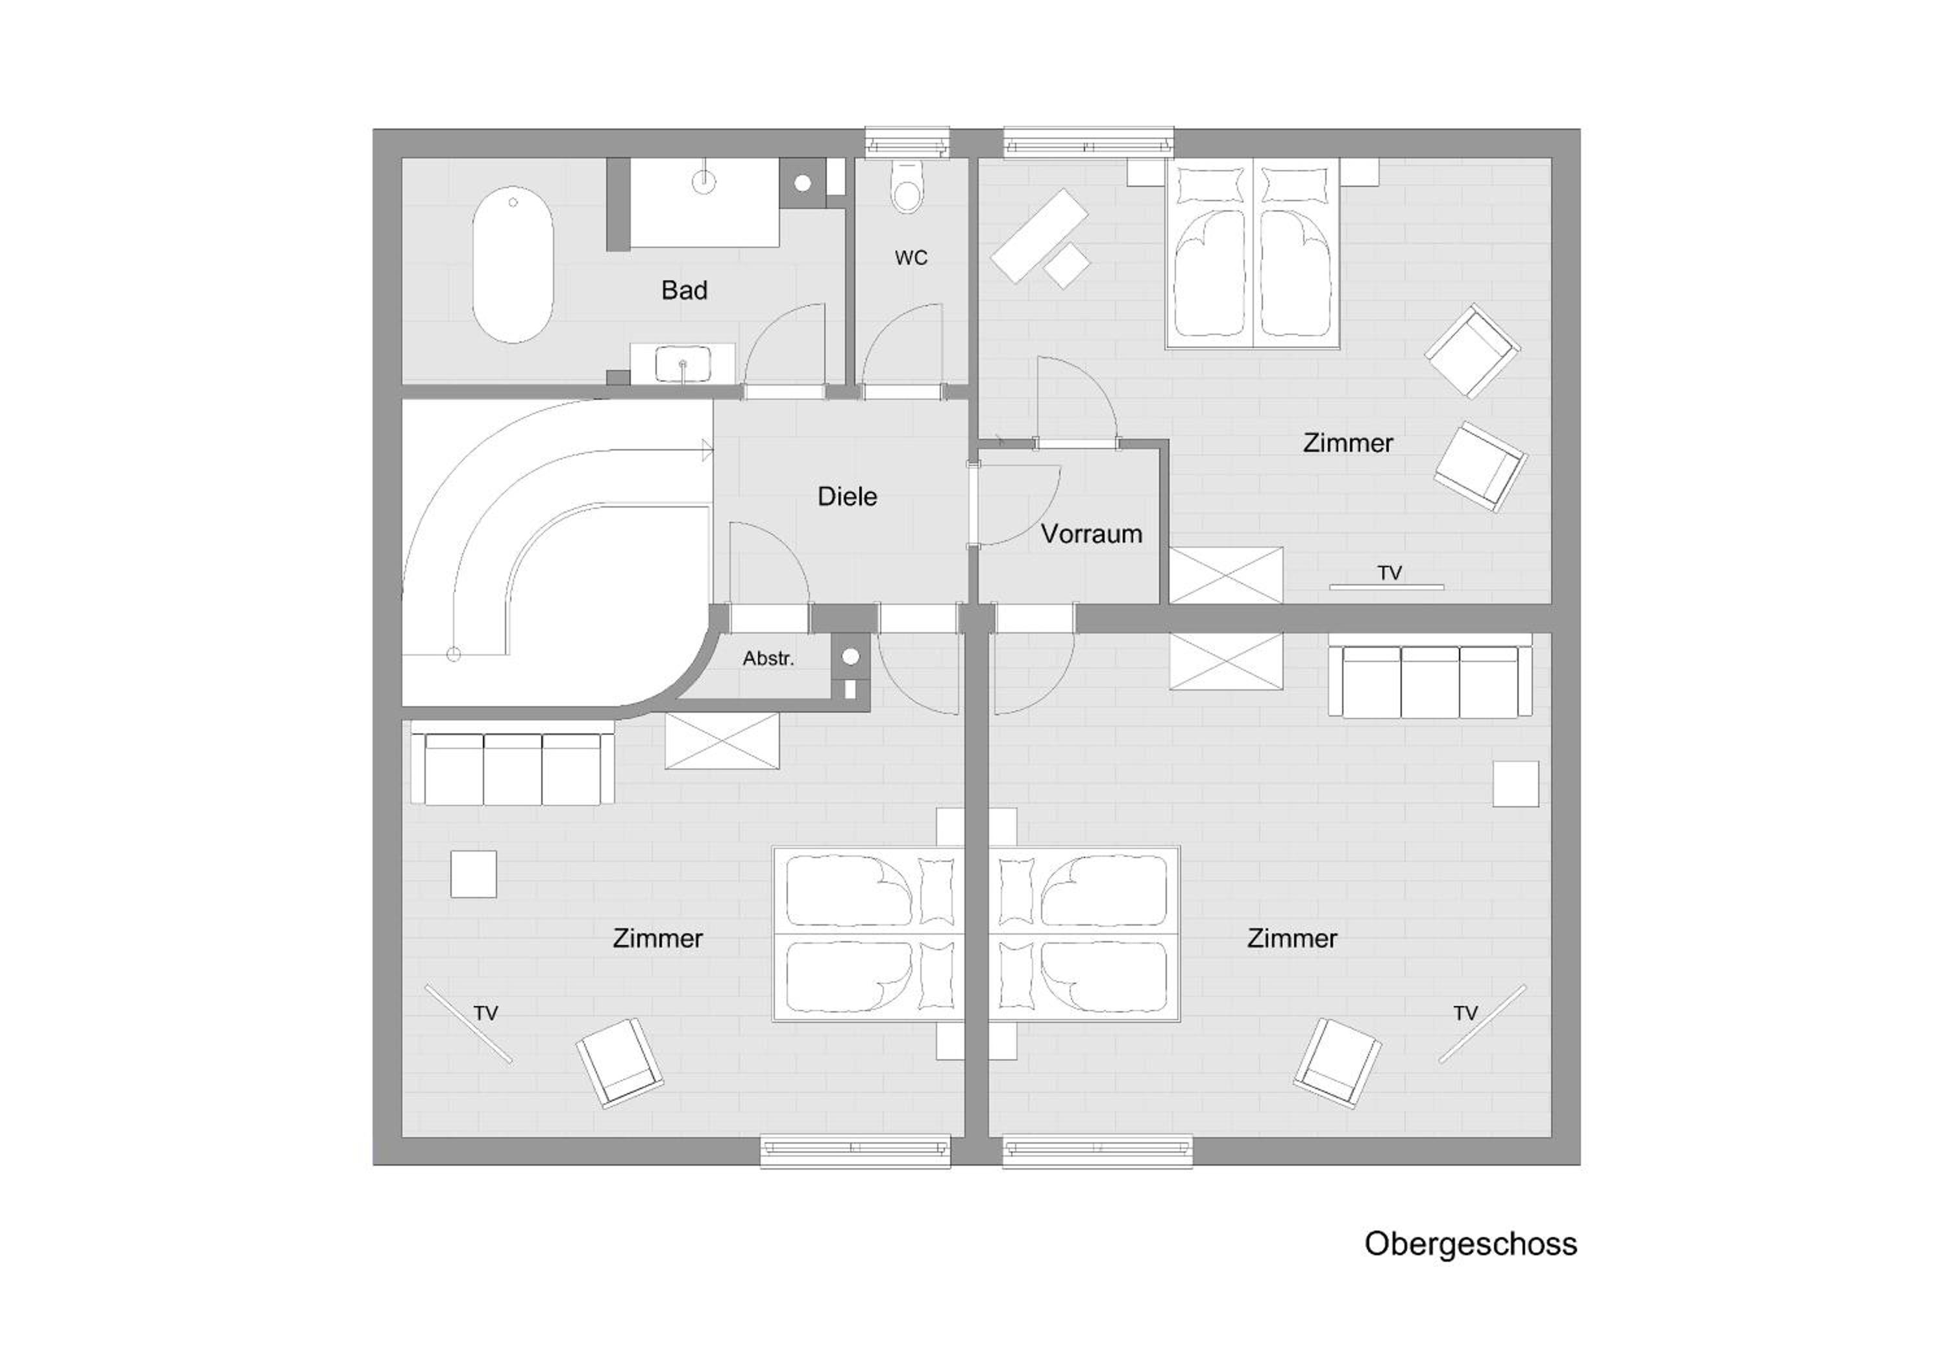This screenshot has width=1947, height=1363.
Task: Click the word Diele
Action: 847,496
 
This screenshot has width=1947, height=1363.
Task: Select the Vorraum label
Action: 1092,534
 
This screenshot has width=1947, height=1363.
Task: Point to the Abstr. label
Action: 768,658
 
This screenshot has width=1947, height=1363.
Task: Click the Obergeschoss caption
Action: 1471,1244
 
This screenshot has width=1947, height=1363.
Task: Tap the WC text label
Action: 911,258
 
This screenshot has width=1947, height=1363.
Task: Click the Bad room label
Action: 684,290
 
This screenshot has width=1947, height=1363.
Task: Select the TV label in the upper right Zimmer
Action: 1390,573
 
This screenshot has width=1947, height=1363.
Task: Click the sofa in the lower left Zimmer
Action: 512,763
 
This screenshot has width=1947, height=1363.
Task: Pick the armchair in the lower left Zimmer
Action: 620,1062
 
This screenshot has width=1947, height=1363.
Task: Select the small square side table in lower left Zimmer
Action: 473,874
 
